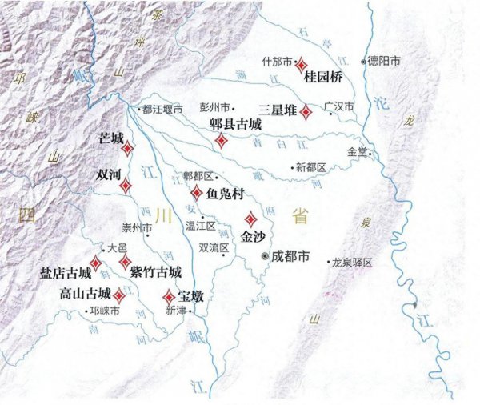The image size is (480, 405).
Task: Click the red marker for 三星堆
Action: coord(306,113)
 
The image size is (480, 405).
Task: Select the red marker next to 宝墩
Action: coord(169,295)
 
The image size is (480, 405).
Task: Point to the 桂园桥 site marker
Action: coord(302,63)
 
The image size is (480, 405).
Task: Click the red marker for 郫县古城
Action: coord(221,141)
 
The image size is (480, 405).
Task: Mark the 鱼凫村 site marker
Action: coord(197,192)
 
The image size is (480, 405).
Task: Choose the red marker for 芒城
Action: coord(128,147)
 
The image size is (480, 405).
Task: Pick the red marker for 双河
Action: coord(126,186)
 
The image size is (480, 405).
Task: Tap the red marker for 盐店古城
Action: coord(95,263)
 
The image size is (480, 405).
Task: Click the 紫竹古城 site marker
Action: coord(126,262)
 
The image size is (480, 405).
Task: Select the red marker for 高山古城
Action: coord(119,294)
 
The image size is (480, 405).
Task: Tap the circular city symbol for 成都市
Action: coord(266,256)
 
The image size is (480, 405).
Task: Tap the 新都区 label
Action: coord(311,167)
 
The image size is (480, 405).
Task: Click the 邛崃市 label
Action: coord(106,310)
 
